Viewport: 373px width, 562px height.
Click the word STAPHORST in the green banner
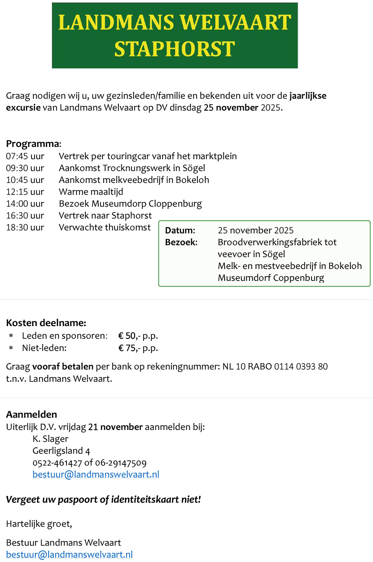pyautogui.click(x=174, y=49)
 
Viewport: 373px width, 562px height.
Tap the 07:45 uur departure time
pyautogui.click(x=25, y=156)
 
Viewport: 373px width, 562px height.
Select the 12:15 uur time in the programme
pyautogui.click(x=25, y=192)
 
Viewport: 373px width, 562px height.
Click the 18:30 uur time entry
pyautogui.click(x=25, y=227)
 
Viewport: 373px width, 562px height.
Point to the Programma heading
pyautogui.click(x=33, y=144)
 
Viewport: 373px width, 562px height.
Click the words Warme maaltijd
pyautogui.click(x=91, y=192)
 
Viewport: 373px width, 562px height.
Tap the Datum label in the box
pyautogui.click(x=180, y=230)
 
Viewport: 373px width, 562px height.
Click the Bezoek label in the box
pyautogui.click(x=181, y=242)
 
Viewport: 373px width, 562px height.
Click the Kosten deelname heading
pyautogui.click(x=46, y=323)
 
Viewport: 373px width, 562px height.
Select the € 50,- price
pyautogui.click(x=129, y=336)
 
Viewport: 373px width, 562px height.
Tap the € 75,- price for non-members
pyautogui.click(x=129, y=348)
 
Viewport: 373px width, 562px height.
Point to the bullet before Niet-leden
pyautogui.click(x=11, y=348)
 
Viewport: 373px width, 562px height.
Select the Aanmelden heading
pyautogui.click(x=32, y=414)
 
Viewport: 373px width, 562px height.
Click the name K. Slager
pyautogui.click(x=50, y=439)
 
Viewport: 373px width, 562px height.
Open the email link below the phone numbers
pyautogui.click(x=96, y=474)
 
